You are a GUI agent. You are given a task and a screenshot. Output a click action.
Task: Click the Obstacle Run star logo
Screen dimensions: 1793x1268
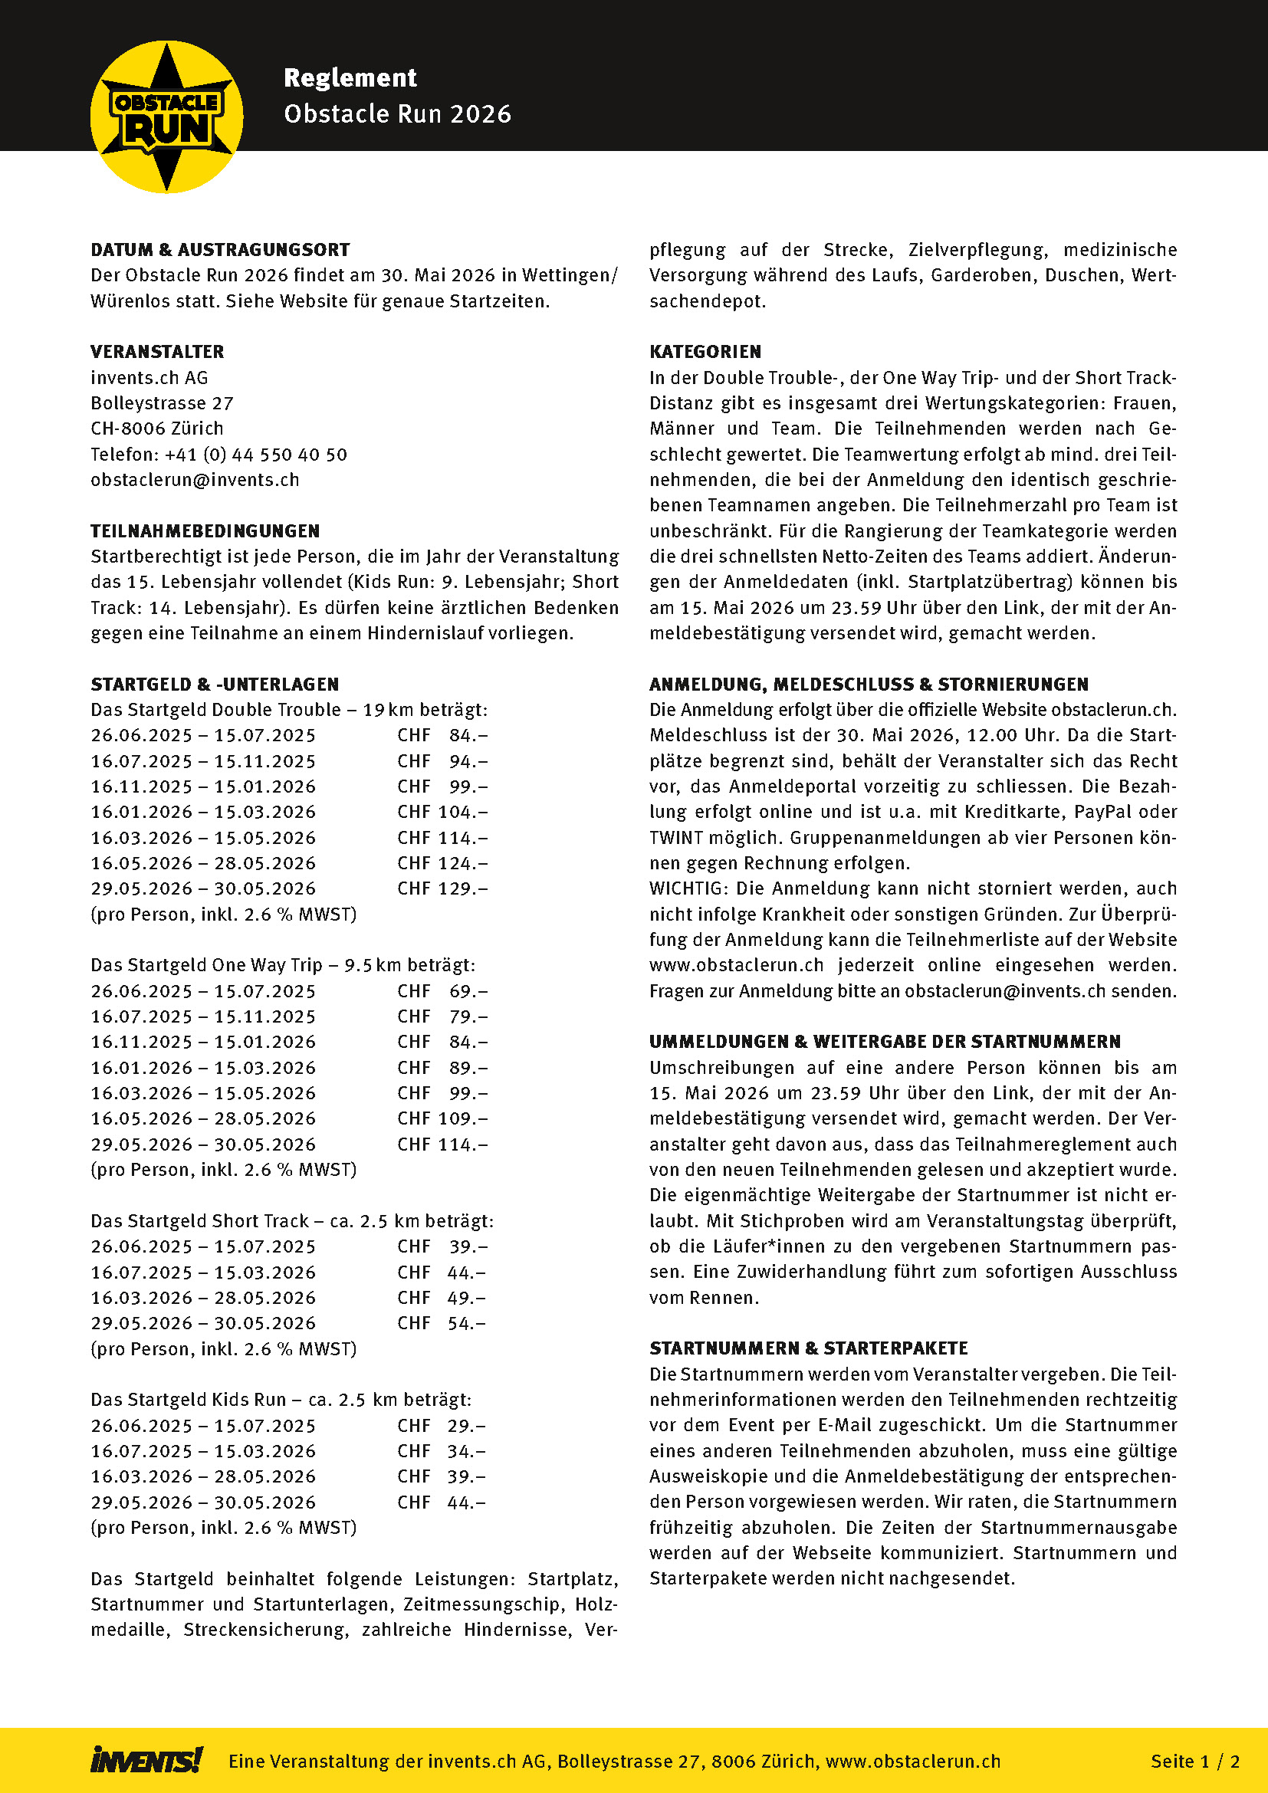coord(166,117)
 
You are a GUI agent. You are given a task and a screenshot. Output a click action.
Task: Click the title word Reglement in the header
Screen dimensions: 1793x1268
coord(350,78)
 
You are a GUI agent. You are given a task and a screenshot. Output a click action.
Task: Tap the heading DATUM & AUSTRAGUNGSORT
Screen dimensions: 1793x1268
coord(220,250)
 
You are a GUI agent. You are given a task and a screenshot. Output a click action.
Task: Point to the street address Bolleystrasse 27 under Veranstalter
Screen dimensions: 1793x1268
coord(162,403)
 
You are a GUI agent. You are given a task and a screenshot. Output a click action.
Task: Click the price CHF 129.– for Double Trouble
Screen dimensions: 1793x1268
coord(442,888)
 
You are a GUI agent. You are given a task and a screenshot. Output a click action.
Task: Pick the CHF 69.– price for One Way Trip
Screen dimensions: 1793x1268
coord(442,991)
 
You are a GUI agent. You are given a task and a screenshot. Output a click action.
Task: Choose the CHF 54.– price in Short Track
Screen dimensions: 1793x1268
coord(441,1323)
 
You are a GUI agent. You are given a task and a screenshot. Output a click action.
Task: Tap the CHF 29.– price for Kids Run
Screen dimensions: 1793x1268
coord(441,1426)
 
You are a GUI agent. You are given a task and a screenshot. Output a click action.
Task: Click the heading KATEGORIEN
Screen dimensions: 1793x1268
coord(705,352)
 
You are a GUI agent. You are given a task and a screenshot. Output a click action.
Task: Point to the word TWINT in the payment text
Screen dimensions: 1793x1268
coord(675,838)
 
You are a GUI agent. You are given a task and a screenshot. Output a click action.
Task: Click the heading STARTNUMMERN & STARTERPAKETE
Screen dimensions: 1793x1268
coord(808,1348)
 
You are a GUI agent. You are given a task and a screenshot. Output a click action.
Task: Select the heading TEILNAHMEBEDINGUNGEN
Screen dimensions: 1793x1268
coord(205,531)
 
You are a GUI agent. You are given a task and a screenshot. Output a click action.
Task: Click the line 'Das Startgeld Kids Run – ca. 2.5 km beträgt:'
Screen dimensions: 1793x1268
coord(281,1400)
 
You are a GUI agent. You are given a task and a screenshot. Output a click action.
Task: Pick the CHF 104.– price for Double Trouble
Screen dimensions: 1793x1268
coord(442,812)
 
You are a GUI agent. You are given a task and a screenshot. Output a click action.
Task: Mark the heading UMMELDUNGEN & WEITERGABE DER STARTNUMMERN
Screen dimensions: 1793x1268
coord(885,1042)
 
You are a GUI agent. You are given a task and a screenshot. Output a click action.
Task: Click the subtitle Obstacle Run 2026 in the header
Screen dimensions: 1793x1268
coord(397,114)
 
